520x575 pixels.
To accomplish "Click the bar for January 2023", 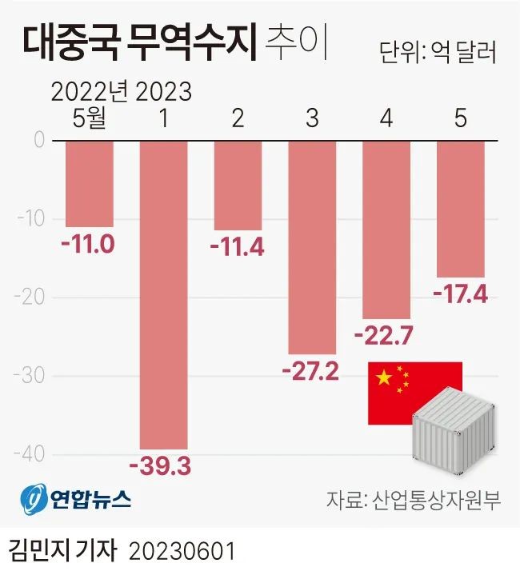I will click(163, 294).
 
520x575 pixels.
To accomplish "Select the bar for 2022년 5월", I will click(89, 183).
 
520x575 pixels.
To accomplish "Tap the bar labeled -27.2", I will click(312, 246).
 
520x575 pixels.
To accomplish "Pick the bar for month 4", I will click(386, 229).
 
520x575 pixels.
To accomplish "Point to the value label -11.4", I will click(237, 246).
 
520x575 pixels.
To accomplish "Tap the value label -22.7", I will click(386, 336).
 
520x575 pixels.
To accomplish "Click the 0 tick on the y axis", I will click(38, 140).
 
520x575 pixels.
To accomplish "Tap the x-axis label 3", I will click(312, 119).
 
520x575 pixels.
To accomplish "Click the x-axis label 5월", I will click(89, 119).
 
